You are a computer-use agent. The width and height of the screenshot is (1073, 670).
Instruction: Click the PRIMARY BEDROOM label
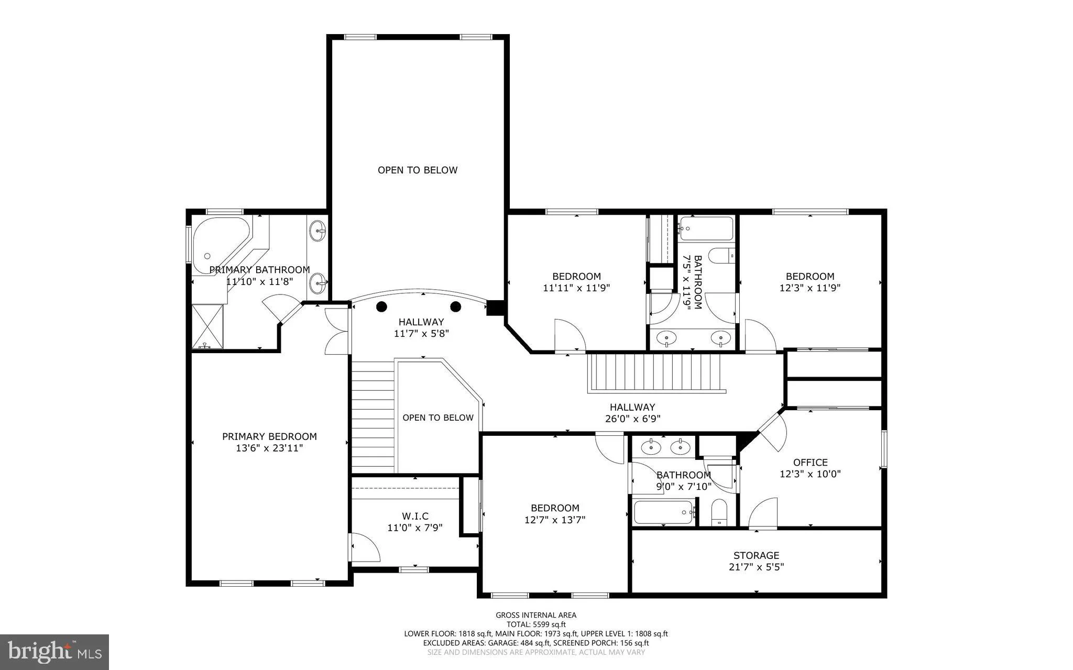point(269,436)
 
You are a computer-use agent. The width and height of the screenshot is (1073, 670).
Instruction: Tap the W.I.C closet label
point(415,517)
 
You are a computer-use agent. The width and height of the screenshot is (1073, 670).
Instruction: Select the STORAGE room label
point(756,555)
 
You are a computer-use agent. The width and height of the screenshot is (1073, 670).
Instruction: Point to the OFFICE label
point(811,462)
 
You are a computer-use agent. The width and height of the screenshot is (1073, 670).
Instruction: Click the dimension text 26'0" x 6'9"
point(632,419)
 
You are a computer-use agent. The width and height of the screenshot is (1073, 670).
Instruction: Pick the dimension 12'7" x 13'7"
point(555,520)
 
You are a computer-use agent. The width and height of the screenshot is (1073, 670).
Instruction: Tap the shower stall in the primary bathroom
point(207,326)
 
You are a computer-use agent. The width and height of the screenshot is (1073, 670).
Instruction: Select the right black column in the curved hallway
point(455,306)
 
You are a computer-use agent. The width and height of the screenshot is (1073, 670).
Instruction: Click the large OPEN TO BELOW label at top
point(418,170)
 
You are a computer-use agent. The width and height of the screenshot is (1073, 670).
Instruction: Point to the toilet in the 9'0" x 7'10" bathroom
point(719,512)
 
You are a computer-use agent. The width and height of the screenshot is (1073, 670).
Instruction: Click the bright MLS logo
point(54,651)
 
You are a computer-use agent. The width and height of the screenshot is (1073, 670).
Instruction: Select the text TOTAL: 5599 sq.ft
point(536,624)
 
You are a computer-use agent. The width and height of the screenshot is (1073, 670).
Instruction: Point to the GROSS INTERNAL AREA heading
point(536,615)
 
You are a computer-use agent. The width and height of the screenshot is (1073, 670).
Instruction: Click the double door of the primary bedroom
point(336,332)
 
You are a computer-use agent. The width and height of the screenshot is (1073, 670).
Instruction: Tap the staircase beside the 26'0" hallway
point(656,372)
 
